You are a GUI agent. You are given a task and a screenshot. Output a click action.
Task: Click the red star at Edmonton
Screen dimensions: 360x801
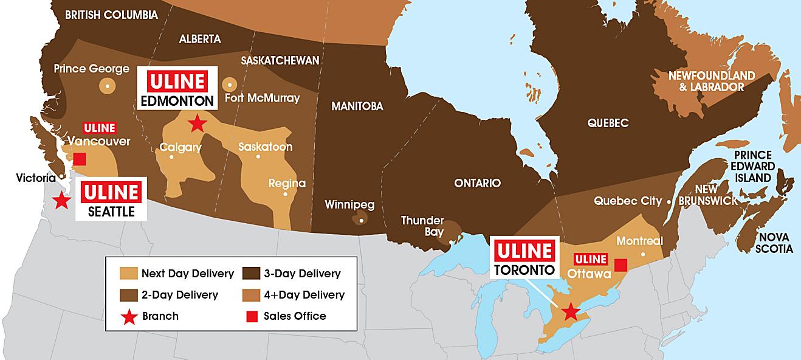click(196, 123)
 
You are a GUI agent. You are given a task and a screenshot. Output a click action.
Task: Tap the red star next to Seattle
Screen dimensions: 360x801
click(61, 201)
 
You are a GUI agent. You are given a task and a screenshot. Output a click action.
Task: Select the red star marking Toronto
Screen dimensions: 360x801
click(569, 312)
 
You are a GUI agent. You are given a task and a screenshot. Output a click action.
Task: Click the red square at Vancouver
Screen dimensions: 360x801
click(79, 159)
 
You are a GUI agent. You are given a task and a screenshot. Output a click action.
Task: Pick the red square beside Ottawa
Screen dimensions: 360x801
click(621, 265)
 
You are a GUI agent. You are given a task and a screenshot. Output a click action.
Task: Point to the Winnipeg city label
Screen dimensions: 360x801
click(349, 204)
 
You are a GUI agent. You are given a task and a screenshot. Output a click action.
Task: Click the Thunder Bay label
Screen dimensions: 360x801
click(422, 226)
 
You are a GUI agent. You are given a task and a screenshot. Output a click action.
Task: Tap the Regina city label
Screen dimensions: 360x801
click(287, 184)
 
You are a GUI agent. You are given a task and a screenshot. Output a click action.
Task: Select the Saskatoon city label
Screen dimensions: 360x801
click(265, 147)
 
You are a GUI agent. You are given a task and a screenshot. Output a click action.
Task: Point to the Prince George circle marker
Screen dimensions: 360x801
click(108, 86)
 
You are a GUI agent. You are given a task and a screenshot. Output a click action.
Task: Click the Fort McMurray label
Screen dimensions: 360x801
click(262, 98)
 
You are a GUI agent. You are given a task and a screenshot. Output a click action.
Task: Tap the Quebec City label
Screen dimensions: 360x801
click(628, 201)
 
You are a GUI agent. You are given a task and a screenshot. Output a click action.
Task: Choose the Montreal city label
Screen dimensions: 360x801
click(639, 241)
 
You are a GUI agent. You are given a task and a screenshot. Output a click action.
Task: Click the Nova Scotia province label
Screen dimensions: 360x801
click(774, 243)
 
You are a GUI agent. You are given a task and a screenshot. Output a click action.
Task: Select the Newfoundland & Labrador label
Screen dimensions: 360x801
click(711, 81)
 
